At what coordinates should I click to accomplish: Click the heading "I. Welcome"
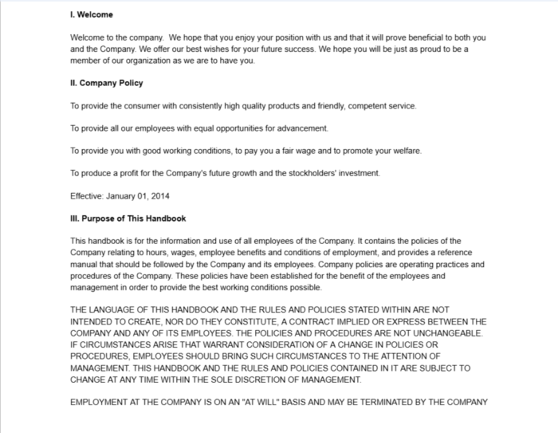coord(92,15)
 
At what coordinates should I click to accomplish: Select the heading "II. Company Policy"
coord(107,83)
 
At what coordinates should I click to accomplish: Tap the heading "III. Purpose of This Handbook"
coord(128,218)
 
